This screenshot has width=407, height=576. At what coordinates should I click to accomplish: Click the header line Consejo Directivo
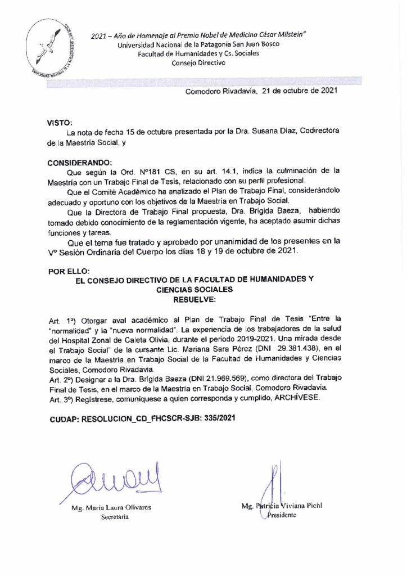pos(198,62)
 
